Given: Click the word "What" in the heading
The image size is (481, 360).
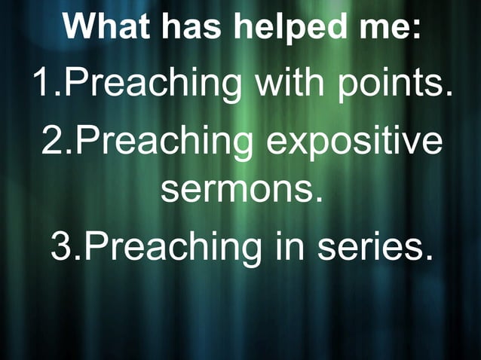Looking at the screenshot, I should pyautogui.click(x=105, y=28).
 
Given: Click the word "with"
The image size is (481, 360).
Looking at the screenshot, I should pyautogui.click(x=290, y=84).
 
